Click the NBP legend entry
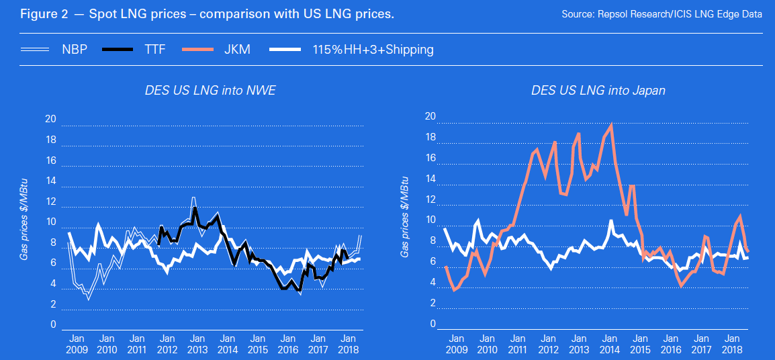point(75,50)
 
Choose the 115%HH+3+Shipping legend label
point(373,50)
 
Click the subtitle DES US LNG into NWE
point(210,90)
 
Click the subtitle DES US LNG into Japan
point(598,90)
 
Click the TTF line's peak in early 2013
point(195,209)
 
